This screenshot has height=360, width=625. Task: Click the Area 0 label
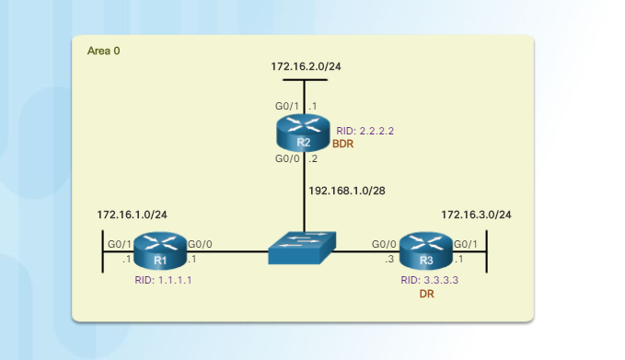103,51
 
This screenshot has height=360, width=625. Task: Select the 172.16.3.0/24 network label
476,215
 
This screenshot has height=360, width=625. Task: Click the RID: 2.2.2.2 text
365,131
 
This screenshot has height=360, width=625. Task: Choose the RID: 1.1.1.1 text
163,280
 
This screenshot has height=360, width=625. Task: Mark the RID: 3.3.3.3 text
429,280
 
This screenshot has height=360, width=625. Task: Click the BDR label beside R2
342,145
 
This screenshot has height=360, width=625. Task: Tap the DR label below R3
426,294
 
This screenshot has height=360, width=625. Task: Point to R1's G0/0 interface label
200,244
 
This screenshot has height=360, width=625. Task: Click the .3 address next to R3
389,259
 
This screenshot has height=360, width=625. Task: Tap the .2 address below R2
314,159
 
